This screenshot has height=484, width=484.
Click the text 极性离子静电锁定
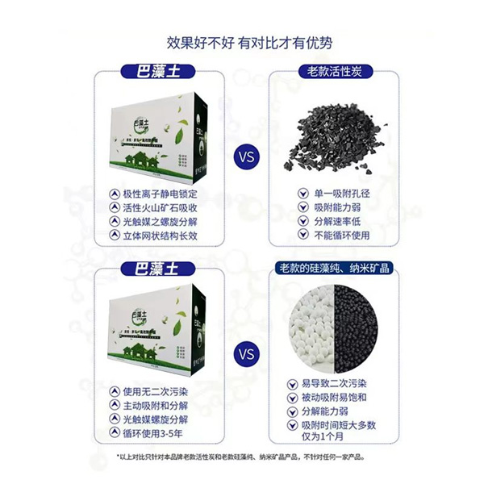point(161,194)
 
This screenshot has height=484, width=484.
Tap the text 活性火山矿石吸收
point(161,208)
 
